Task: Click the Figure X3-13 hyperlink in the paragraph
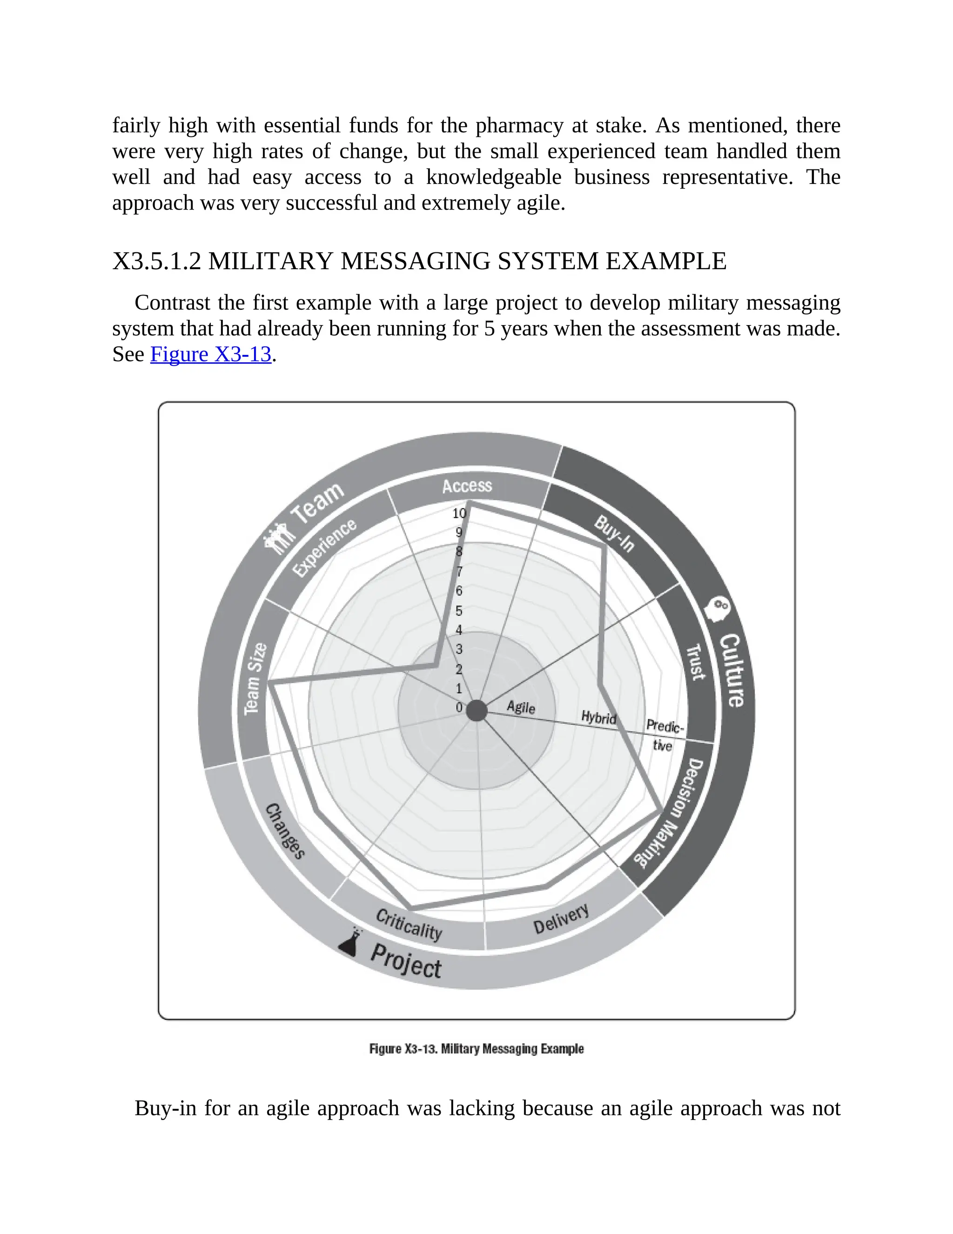[x=211, y=354]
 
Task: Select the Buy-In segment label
[x=614, y=534]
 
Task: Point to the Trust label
[x=696, y=662]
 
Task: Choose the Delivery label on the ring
[x=561, y=919]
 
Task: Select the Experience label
[x=324, y=548]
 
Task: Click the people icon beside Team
[x=278, y=538]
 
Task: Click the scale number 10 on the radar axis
[x=459, y=513]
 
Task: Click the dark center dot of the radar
[x=476, y=710]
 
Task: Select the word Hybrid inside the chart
[x=598, y=718]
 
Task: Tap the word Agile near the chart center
[x=521, y=707]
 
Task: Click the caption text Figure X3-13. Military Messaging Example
[x=476, y=1049]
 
